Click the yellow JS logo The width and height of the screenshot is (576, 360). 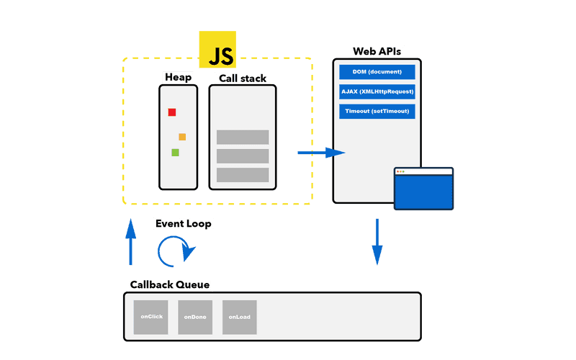click(217, 50)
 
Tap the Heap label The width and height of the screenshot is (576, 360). click(178, 77)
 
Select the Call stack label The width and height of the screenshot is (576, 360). click(243, 78)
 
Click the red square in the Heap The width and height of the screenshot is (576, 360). click(172, 112)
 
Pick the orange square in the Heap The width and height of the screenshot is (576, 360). click(182, 137)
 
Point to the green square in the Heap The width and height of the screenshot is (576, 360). click(175, 153)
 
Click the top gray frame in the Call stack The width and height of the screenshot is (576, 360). click(243, 137)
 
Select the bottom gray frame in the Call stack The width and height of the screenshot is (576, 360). click(243, 175)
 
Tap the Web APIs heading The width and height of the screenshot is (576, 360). click(377, 52)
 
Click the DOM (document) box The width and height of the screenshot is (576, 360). click(377, 72)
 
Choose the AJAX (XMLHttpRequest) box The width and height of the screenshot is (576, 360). click(377, 92)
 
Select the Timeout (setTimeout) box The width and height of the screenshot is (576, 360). click(377, 112)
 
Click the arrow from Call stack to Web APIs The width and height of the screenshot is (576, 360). click(321, 153)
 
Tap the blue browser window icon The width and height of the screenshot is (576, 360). click(423, 189)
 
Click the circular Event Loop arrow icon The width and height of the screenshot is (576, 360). click(176, 251)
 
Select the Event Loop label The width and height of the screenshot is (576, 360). click(184, 224)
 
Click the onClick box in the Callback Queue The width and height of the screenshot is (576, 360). click(150, 318)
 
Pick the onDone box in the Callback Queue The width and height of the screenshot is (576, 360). click(195, 318)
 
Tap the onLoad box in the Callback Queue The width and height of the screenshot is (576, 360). click(240, 318)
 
